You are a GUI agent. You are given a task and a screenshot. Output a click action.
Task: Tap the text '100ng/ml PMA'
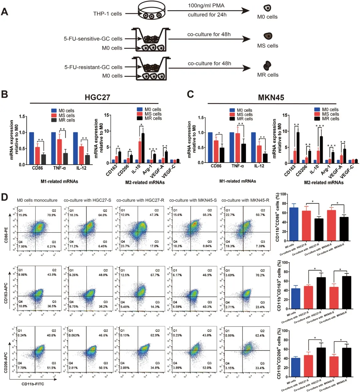point(206,6)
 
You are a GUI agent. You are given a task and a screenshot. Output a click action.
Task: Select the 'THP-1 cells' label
point(107,14)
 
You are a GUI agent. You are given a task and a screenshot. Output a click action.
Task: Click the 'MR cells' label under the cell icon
point(268,75)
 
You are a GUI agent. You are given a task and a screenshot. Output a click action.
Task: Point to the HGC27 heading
point(97,97)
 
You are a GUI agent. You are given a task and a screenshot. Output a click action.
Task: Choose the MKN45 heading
point(271,97)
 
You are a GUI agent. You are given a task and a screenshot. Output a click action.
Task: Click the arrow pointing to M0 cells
point(208,11)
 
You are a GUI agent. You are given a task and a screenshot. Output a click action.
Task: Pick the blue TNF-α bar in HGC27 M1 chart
point(54,148)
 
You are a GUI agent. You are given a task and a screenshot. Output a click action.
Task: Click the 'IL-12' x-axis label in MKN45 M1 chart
point(259,166)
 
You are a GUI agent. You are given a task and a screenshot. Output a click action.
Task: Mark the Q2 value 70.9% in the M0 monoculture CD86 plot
point(51,215)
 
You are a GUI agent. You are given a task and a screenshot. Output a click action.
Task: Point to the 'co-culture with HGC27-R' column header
point(140,200)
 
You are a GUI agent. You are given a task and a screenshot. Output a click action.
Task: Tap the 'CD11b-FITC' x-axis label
point(33,384)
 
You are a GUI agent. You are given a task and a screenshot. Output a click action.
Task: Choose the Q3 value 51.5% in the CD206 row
point(51,368)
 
